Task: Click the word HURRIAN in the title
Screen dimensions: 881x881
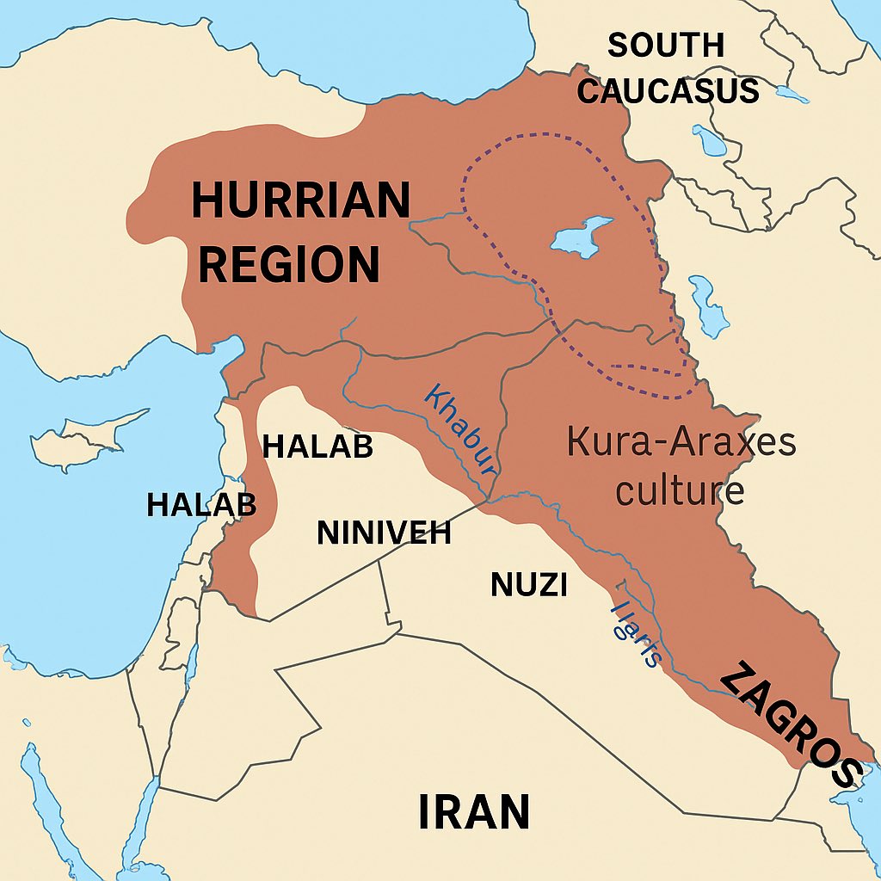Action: click(300, 201)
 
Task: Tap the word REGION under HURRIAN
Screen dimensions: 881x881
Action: click(289, 264)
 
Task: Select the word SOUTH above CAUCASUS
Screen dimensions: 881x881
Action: click(666, 45)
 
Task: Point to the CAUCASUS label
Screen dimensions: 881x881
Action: click(668, 89)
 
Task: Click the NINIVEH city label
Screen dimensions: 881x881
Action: click(384, 533)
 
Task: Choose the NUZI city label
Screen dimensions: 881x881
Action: click(528, 585)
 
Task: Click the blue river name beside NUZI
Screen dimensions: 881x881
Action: click(636, 633)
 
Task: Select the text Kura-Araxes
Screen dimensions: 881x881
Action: click(681, 443)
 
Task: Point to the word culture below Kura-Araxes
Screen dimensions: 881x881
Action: click(681, 491)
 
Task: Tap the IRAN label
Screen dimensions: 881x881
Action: click(473, 812)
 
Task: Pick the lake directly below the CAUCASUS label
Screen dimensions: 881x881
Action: click(710, 139)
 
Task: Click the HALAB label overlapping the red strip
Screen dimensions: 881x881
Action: click(201, 504)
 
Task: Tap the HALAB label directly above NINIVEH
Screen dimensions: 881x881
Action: click(317, 447)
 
